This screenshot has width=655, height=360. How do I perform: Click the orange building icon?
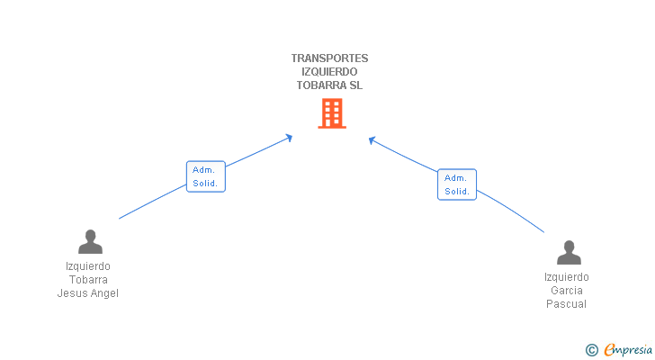tap(332, 113)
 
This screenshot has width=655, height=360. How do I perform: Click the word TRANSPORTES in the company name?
tap(329, 58)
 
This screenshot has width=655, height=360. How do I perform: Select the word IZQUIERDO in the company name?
tap(329, 72)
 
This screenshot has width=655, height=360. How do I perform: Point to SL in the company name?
tap(356, 85)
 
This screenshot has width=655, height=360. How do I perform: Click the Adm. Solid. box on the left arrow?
tap(205, 176)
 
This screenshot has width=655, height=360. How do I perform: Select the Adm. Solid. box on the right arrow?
tap(457, 184)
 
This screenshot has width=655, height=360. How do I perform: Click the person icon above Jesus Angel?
tap(90, 241)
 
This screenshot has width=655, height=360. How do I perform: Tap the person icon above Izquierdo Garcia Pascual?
tap(569, 252)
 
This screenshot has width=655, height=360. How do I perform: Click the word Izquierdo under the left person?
tap(88, 266)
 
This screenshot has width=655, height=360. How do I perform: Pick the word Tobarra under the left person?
tap(88, 280)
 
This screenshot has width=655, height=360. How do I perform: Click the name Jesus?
tap(72, 293)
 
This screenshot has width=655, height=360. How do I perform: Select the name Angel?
tap(103, 293)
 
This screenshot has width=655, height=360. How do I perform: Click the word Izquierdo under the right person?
tap(567, 277)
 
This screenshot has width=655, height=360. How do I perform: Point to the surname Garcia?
tap(567, 291)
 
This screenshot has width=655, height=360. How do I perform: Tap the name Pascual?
tap(567, 304)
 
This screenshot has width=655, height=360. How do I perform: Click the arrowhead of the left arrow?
tap(289, 137)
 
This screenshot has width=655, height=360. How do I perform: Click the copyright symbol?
tap(591, 350)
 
